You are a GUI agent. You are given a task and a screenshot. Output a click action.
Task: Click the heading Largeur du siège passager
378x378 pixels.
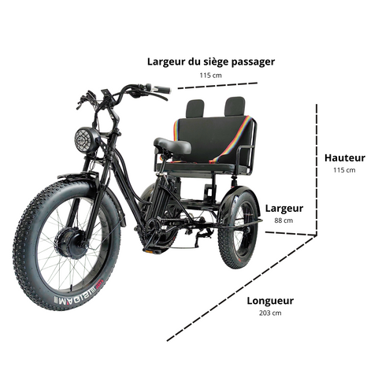pos(211,62)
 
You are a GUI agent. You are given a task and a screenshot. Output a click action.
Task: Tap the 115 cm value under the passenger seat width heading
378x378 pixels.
pos(210,76)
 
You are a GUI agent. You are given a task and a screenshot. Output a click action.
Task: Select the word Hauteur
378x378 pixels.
pos(345,158)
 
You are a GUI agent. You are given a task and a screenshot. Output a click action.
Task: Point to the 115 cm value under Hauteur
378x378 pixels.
pos(344,170)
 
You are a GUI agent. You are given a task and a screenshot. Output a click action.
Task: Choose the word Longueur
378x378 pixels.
pos(270,301)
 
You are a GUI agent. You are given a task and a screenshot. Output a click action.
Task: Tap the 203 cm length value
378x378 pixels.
pos(270,313)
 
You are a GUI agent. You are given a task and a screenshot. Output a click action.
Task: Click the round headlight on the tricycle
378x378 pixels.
pos(86,139)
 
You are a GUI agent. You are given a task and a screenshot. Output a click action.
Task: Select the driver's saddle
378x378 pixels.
pos(172,145)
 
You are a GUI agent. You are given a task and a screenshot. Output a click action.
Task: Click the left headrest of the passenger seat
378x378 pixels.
pos(195,109)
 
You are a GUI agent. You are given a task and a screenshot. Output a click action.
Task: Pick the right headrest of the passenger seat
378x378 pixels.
pos(235,106)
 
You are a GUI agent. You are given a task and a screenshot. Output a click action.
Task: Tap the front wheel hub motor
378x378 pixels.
pos(70,243)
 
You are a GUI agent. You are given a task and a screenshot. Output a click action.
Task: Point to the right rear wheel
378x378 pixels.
pos(239,230)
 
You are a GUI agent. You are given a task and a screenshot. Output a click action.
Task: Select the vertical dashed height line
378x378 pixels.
pos(317,169)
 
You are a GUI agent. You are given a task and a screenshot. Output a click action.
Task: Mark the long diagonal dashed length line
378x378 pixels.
pos(242,288)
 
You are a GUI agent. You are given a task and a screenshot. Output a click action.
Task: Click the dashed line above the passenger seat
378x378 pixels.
pos(217,86)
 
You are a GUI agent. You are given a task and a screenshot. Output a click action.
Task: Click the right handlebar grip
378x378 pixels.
pos(161,89)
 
